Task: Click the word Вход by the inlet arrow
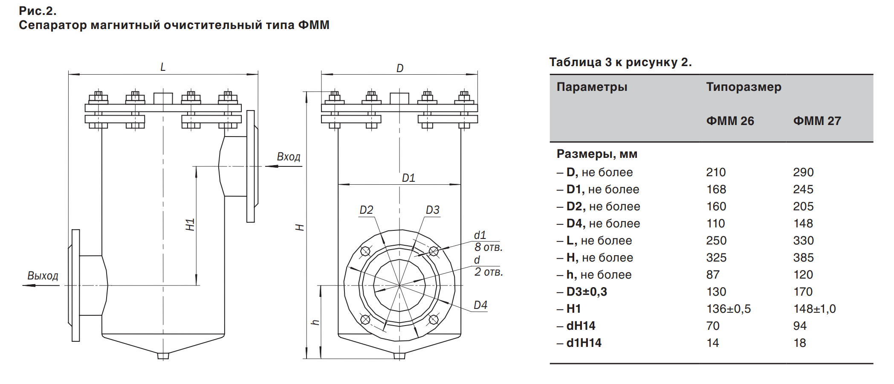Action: [x=289, y=157]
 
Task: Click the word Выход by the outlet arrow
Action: [x=43, y=276]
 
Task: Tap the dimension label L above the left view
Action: [x=163, y=67]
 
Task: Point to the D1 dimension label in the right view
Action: [x=408, y=178]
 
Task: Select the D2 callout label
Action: [x=366, y=210]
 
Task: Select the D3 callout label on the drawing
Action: [x=432, y=210]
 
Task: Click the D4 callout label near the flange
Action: [x=480, y=305]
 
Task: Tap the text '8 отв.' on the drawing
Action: [x=489, y=247]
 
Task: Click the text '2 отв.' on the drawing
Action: [x=489, y=272]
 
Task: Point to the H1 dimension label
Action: [x=190, y=224]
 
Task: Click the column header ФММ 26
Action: [x=730, y=121]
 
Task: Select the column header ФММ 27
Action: [x=817, y=121]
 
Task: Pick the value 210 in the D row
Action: [x=716, y=172]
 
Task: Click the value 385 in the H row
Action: [x=803, y=258]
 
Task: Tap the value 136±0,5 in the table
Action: [x=729, y=309]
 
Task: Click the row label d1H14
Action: [x=584, y=343]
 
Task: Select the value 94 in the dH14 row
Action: [x=800, y=326]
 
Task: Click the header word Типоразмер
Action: [x=744, y=87]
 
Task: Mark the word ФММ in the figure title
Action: [x=314, y=25]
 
